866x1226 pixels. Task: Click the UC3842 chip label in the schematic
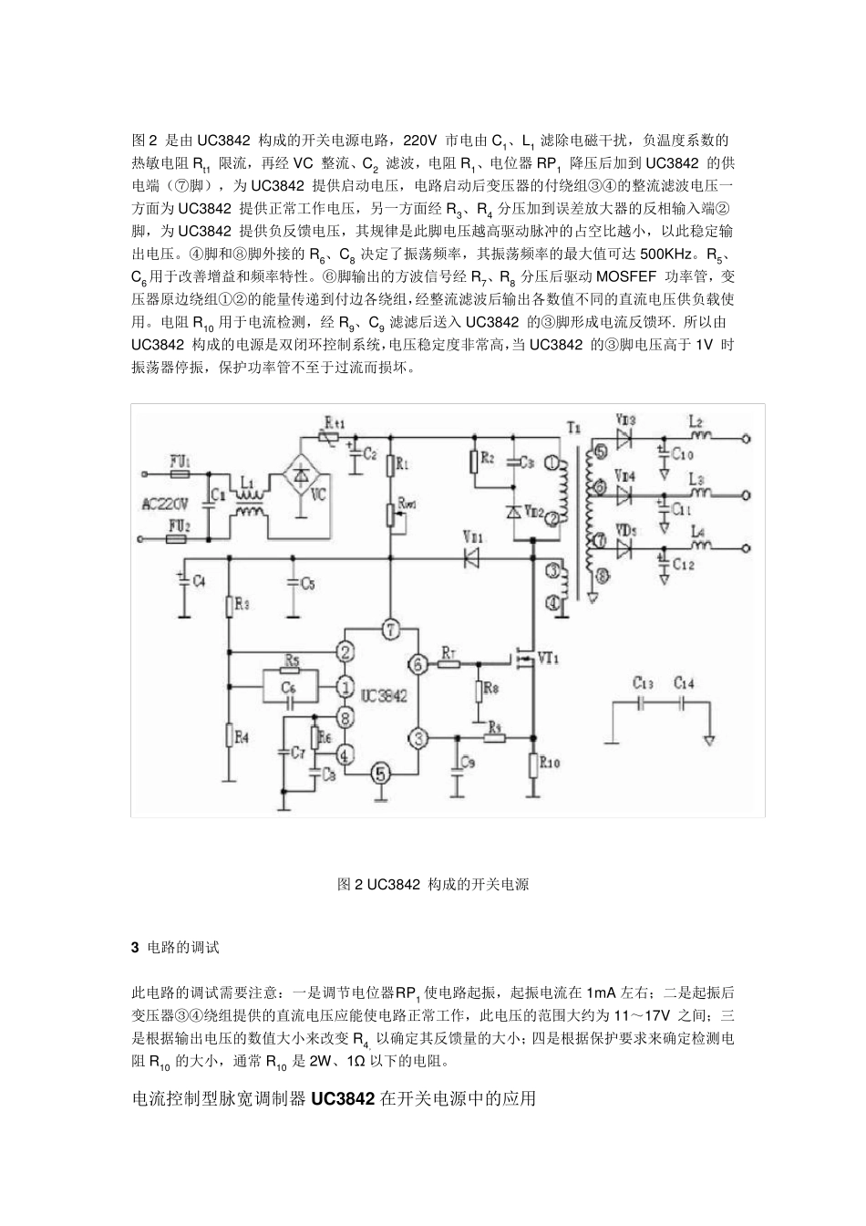pos(383,695)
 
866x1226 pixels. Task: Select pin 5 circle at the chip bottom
pos(382,774)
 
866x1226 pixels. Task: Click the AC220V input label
pos(166,504)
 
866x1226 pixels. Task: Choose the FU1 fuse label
pos(180,462)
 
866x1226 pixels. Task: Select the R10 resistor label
pos(550,763)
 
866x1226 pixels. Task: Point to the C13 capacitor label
pos(643,682)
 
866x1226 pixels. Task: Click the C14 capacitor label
pos(684,682)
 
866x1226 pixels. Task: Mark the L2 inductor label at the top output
pos(696,422)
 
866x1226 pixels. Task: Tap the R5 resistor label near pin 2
pos(293,659)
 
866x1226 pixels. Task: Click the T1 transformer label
pos(572,427)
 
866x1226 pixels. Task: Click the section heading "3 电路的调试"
pos(176,948)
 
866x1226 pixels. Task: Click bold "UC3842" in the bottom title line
pos(343,1099)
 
